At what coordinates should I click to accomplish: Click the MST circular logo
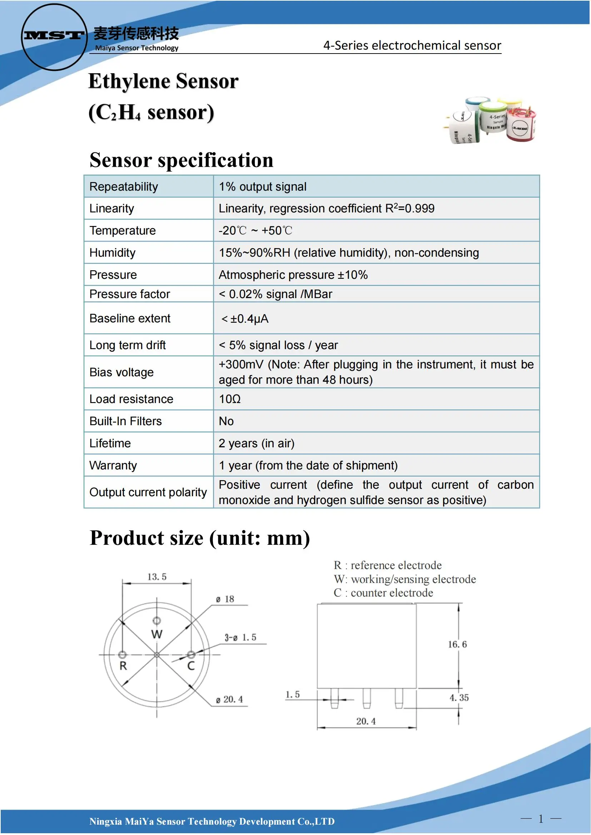pos(54,36)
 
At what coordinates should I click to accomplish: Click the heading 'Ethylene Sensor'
pos(163,81)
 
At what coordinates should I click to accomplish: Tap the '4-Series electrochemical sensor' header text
pos(412,45)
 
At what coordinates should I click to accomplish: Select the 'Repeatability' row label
pos(124,187)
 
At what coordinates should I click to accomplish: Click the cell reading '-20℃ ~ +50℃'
pos(255,231)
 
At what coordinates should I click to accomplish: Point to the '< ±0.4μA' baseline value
pos(244,319)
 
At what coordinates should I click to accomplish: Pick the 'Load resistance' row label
pos(131,399)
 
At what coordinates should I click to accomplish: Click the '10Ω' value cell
pos(230,399)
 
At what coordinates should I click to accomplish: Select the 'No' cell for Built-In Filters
pos(226,421)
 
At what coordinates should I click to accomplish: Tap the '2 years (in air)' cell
pos(257,443)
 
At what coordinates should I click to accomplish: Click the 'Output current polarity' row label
pos(148,492)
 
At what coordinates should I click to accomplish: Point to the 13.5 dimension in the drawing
pos(157,577)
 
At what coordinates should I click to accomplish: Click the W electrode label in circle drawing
pos(157,634)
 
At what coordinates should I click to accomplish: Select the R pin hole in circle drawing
pos(122,655)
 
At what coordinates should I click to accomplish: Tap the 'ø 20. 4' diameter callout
pos(230,699)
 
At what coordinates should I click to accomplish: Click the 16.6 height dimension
pos(457,644)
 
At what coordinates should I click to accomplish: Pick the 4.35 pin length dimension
pos(459,698)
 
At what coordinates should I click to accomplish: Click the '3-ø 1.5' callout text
pos(240,638)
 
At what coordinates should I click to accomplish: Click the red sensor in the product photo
pos(522,125)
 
